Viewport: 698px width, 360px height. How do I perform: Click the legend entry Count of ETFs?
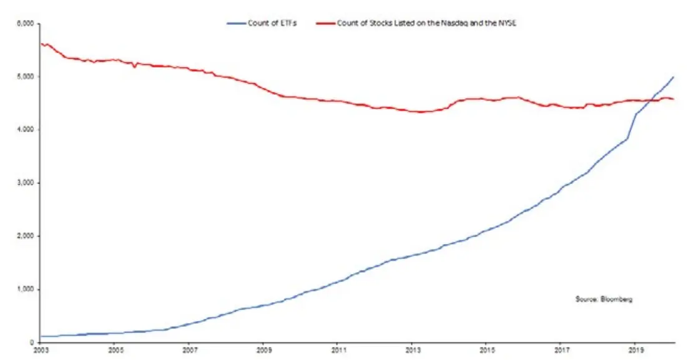(x=262, y=23)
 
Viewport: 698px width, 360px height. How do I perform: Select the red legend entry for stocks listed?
(x=416, y=23)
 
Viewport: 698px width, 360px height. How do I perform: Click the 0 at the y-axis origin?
(x=32, y=342)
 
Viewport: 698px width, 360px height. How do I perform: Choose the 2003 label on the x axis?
(x=40, y=350)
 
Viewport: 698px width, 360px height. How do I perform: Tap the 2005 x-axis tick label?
(x=115, y=350)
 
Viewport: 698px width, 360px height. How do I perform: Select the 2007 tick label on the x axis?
(x=189, y=350)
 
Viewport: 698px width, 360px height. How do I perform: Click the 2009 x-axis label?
(x=263, y=350)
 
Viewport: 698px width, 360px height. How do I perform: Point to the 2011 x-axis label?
(x=338, y=350)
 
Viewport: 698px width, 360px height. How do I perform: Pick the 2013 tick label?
(x=413, y=350)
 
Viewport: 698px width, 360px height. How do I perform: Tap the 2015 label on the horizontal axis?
(x=487, y=350)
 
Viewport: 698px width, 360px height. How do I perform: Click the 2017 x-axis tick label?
(x=561, y=350)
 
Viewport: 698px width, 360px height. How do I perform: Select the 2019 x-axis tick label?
(x=636, y=350)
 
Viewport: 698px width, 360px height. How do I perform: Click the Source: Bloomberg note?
(x=604, y=299)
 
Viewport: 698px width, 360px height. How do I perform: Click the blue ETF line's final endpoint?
(x=674, y=77)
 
